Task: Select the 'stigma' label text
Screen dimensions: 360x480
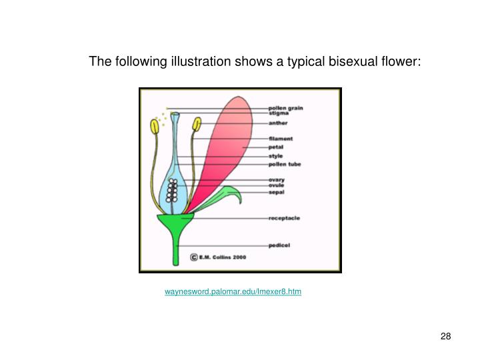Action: (x=278, y=113)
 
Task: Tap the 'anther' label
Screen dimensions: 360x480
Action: (x=278, y=123)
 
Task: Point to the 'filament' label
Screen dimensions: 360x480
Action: (x=281, y=139)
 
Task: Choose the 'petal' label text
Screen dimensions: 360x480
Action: (x=276, y=147)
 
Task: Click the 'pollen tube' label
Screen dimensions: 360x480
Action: (x=285, y=164)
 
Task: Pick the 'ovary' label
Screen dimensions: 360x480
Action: (x=277, y=179)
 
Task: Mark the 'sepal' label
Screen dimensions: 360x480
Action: (x=277, y=192)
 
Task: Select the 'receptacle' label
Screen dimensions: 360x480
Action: (x=283, y=218)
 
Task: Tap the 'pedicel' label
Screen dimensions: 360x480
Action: (x=279, y=245)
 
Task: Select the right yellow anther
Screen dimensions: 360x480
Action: (x=197, y=125)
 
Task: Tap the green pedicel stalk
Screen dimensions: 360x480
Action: (x=175, y=247)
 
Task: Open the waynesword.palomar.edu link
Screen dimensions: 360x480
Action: (x=233, y=292)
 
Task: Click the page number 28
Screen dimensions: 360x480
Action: (x=446, y=336)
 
